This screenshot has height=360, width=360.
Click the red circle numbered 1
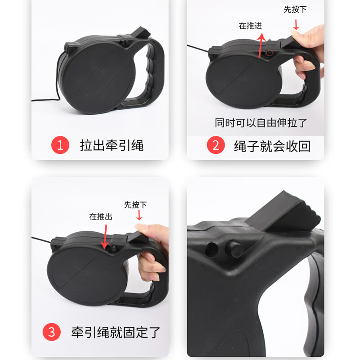60,145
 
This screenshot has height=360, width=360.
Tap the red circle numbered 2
216,145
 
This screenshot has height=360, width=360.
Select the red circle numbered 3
52,333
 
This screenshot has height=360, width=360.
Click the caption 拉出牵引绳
112,145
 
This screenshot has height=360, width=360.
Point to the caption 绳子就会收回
272,145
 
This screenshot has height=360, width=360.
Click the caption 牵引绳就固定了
116,333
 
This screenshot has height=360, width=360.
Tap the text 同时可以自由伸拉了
261,123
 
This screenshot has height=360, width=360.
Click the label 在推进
250,26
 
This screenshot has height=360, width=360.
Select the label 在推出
100,216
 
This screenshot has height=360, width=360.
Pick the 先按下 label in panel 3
135,205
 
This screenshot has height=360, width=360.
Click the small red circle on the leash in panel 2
270,53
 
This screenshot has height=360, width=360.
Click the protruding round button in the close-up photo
233,247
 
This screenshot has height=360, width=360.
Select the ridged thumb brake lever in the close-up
283,211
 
